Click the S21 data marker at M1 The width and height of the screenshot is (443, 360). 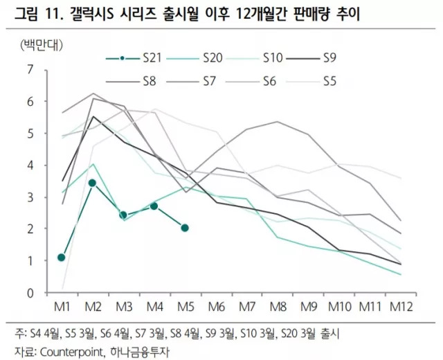click(62, 258)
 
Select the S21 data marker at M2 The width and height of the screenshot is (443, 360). click(92, 183)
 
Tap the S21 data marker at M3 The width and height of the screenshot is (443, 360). click(123, 215)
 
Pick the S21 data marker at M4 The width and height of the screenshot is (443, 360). click(154, 206)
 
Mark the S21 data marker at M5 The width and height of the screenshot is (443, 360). click(185, 228)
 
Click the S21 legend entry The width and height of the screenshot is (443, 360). click(139, 57)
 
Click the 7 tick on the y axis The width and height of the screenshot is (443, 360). click(29, 69)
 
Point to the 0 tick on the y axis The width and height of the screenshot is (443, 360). click(29, 292)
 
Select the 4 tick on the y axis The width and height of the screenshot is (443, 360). click(29, 165)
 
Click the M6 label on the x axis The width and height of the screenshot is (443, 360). click(216, 306)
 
